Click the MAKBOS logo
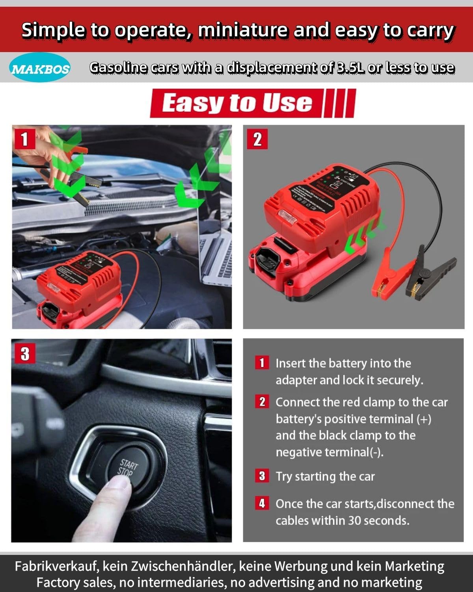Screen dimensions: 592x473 (x=40, y=68)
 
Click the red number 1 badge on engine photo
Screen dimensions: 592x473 (x=24, y=139)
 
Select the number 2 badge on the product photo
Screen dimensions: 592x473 (x=257, y=139)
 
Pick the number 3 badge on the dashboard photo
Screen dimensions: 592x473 (x=25, y=353)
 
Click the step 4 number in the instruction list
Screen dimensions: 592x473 (x=262, y=503)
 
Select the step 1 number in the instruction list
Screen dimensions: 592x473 (x=262, y=362)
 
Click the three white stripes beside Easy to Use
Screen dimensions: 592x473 (x=339, y=103)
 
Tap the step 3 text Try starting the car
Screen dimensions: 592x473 (x=325, y=476)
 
